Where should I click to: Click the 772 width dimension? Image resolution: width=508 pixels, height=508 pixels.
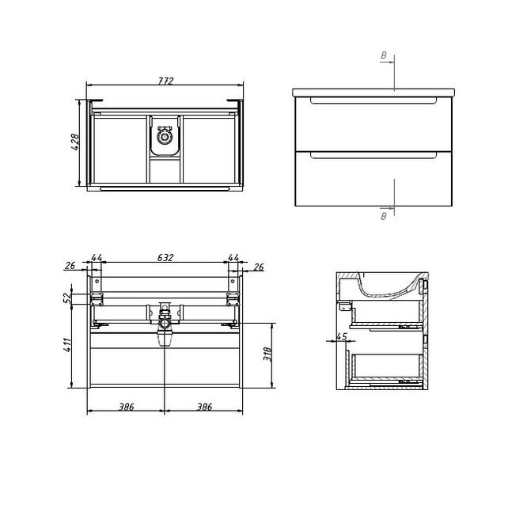(166, 81)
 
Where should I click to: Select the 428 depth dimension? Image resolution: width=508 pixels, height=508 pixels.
(75, 142)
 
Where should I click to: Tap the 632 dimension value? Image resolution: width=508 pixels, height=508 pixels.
(165, 258)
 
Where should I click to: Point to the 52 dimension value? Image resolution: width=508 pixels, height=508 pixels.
(66, 297)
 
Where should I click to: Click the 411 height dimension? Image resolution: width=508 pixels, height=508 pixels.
(67, 345)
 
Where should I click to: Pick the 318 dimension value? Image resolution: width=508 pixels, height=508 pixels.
(267, 354)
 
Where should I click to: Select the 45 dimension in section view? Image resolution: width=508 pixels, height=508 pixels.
(342, 336)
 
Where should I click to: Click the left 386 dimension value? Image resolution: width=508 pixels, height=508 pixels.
(126, 407)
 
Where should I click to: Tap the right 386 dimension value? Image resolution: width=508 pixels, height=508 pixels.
(204, 407)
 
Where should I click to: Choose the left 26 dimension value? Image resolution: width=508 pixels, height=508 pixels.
(70, 266)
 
